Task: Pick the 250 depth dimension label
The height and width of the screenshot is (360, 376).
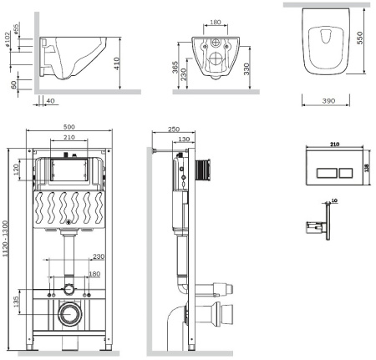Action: pos(172,129)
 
